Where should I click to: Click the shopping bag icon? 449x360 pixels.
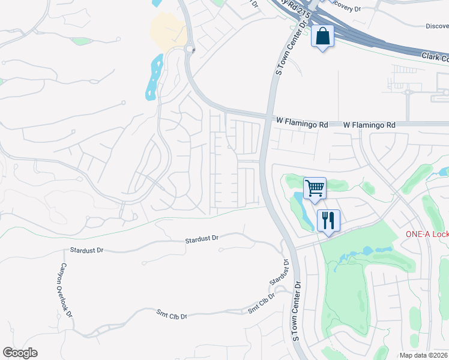click(322, 37)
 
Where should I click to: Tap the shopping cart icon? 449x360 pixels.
click(315, 188)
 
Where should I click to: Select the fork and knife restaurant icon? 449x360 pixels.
click(328, 220)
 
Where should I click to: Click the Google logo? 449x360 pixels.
click(20, 353)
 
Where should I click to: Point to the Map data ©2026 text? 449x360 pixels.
click(424, 355)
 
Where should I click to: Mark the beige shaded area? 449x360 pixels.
click(167, 32)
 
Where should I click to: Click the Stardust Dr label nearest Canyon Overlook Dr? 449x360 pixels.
click(88, 249)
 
